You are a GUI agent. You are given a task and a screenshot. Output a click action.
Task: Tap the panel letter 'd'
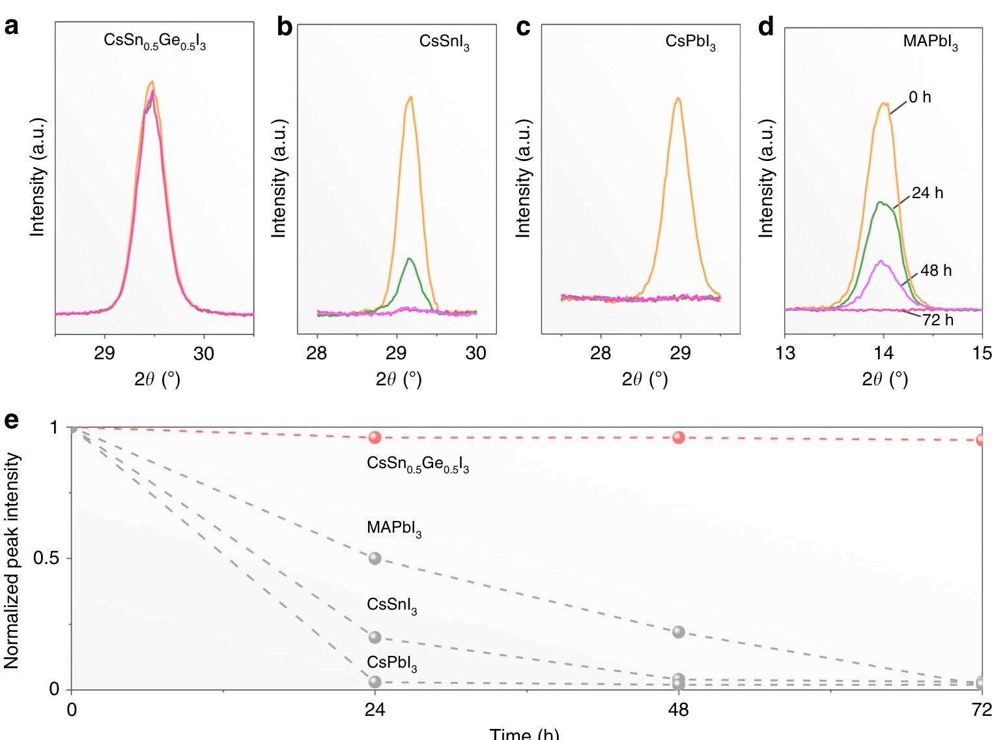click(x=766, y=28)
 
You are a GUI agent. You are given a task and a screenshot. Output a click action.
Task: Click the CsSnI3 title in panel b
click(x=444, y=43)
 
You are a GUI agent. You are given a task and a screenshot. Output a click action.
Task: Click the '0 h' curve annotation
click(x=920, y=98)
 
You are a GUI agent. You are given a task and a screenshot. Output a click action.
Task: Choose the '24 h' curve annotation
click(x=927, y=194)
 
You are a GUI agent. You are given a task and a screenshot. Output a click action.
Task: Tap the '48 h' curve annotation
click(x=936, y=271)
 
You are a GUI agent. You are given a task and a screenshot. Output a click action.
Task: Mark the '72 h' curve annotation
click(x=937, y=320)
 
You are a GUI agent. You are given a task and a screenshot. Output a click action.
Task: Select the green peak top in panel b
click(x=409, y=259)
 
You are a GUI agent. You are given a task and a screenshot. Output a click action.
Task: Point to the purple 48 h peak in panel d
click(x=881, y=261)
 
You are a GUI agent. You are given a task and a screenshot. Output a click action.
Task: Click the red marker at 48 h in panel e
click(x=679, y=437)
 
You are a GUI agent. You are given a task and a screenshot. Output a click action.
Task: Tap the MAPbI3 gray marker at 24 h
click(x=375, y=559)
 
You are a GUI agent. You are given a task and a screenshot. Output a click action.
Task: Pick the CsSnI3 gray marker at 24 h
click(x=375, y=637)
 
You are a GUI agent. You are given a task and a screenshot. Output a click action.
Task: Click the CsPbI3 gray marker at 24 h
click(x=375, y=682)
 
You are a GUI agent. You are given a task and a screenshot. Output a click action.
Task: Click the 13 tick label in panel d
click(x=786, y=353)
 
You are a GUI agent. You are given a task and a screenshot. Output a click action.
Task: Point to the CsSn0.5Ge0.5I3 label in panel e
click(x=418, y=464)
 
